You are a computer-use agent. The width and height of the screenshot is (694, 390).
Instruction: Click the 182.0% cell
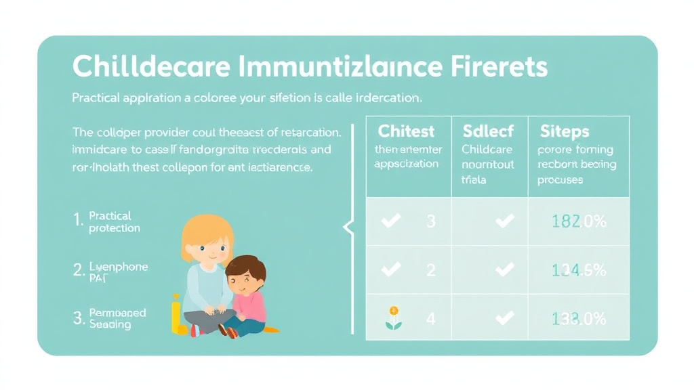578,221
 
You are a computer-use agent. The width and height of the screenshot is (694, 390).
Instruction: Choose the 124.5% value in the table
578,269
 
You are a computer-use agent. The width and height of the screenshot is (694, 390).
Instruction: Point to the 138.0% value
578,318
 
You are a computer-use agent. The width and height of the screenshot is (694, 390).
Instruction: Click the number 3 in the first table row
431,221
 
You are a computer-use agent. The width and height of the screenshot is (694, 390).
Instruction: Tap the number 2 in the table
431,269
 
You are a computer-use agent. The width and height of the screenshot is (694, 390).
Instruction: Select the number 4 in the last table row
431,318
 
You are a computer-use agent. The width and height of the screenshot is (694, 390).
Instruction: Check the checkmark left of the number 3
391,221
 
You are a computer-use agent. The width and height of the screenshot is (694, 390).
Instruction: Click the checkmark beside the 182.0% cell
504,221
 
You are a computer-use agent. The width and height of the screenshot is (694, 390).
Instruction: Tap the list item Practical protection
114,222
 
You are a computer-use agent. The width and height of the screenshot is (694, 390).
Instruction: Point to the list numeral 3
79,318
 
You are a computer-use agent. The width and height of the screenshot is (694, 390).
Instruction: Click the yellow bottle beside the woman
176,315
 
